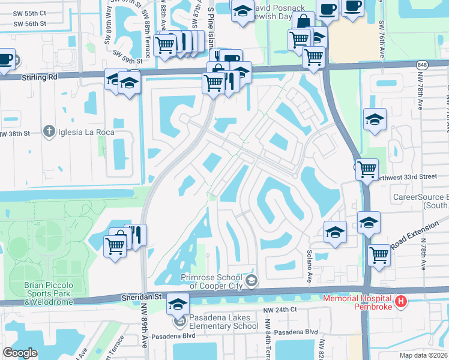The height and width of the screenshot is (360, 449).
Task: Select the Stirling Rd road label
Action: (x=40, y=77)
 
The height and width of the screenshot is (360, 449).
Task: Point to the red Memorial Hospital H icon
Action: (x=401, y=301)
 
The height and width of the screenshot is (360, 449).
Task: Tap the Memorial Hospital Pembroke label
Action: (x=358, y=302)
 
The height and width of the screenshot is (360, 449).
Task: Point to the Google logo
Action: (x=20, y=352)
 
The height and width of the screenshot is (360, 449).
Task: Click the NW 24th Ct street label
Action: (x=280, y=310)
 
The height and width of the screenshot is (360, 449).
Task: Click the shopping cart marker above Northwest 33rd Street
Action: (x=366, y=169)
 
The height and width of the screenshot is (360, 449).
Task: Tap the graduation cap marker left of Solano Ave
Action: (x=335, y=232)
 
